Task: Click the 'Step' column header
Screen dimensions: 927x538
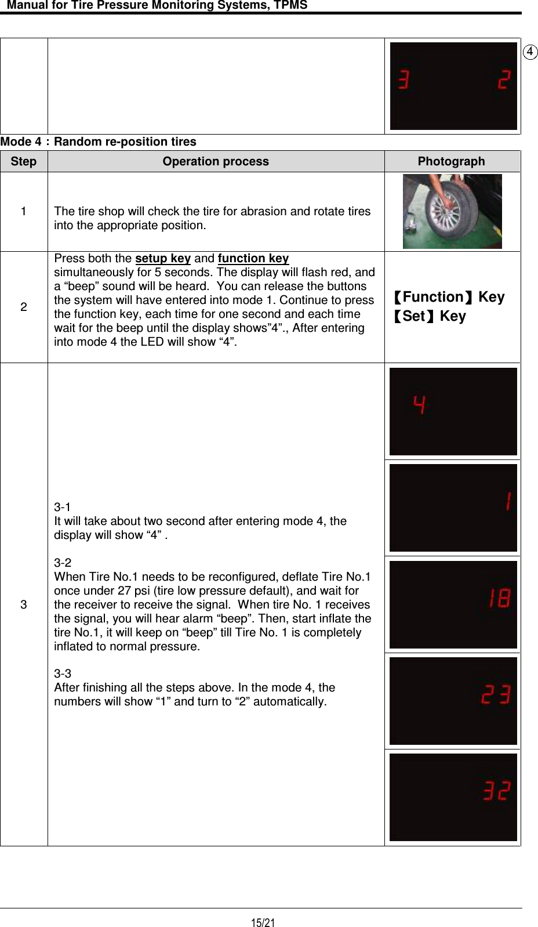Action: [24, 161]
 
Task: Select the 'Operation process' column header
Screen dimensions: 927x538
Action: [216, 161]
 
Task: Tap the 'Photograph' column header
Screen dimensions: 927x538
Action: [451, 161]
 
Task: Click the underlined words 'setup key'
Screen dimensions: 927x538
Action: [163, 258]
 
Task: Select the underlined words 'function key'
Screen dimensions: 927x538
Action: [253, 258]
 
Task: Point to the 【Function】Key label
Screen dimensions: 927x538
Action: [448, 297]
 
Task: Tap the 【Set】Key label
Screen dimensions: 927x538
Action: [428, 316]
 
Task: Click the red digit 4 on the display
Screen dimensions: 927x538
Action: [419, 404]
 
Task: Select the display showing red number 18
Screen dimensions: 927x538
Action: [453, 604]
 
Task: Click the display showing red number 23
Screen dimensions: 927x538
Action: [453, 701]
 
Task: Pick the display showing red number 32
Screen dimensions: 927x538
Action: [453, 797]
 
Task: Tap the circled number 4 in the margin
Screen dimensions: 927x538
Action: [530, 52]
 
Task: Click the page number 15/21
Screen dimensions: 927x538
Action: [263, 922]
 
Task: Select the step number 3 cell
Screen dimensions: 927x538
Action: [24, 604]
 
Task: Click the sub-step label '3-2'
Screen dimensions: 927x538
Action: [63, 563]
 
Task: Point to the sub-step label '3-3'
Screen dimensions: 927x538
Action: [63, 673]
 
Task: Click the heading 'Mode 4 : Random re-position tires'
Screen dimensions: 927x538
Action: [99, 142]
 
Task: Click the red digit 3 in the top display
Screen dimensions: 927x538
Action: [403, 79]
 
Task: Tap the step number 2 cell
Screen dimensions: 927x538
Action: [24, 307]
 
